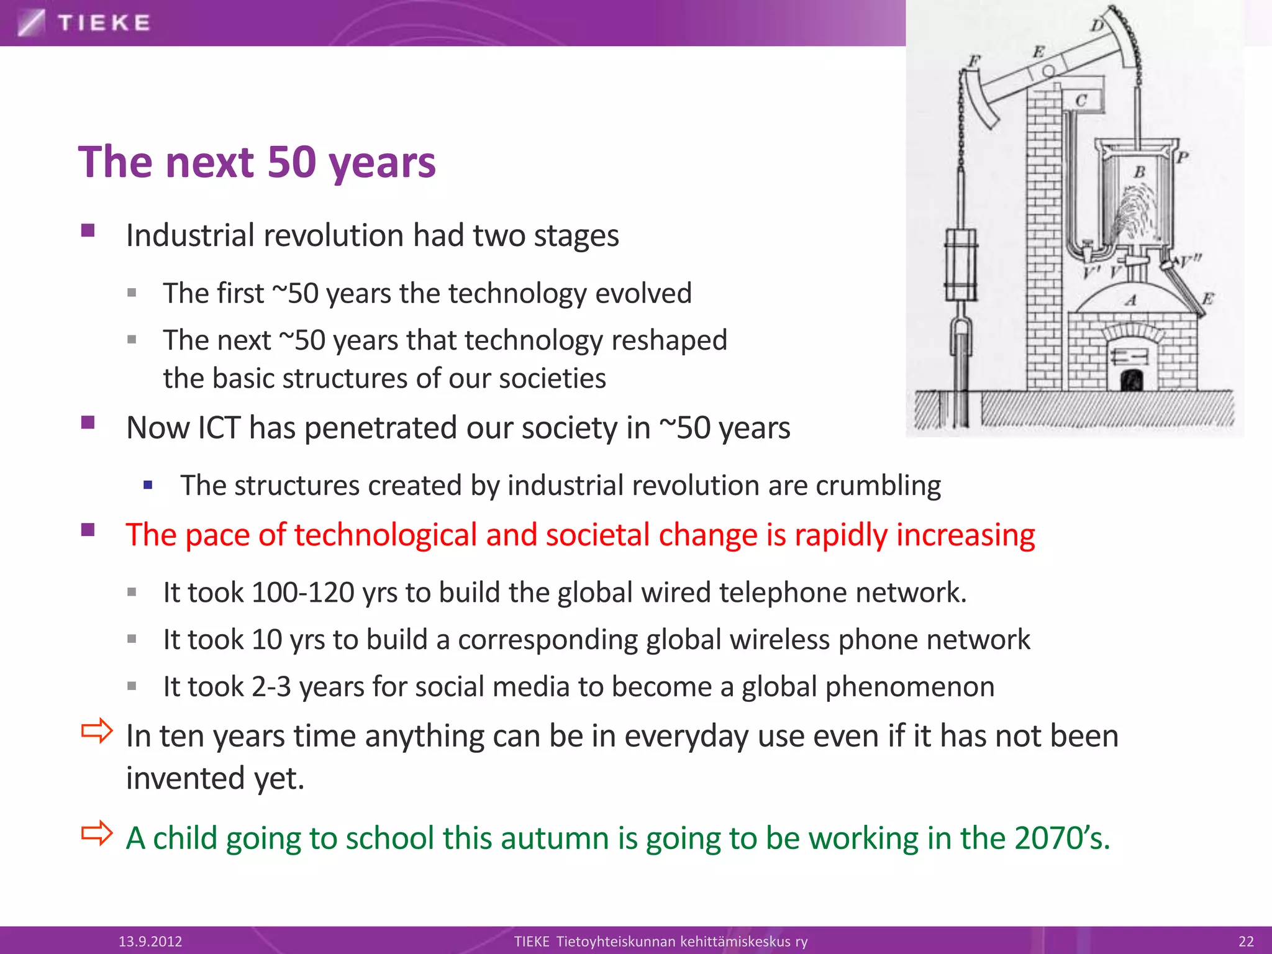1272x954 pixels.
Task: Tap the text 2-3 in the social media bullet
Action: coord(271,687)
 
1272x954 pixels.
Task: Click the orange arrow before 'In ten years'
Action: coord(98,731)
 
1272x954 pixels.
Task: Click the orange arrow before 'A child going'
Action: coord(98,834)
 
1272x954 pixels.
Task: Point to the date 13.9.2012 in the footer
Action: coord(150,942)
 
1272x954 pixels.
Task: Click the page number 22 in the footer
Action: coord(1246,942)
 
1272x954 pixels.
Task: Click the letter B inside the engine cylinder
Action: coord(1139,172)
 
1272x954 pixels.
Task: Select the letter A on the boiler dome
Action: coord(1131,301)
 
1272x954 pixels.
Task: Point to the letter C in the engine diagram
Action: coord(1081,101)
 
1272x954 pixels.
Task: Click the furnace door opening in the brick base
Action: coord(1132,379)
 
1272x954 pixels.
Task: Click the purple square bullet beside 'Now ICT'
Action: coord(88,423)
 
